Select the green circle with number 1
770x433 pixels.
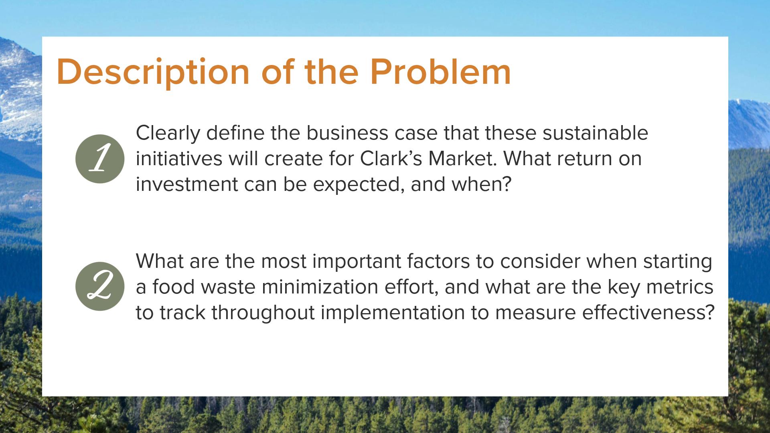pos(100,159)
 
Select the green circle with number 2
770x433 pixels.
pos(100,286)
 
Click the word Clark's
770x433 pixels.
pos(391,159)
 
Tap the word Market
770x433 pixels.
pos(463,159)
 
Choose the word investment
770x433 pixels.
pos(187,184)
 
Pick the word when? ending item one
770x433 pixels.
pos(482,184)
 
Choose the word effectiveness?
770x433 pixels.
pos(648,313)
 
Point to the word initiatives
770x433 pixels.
pos(179,159)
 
